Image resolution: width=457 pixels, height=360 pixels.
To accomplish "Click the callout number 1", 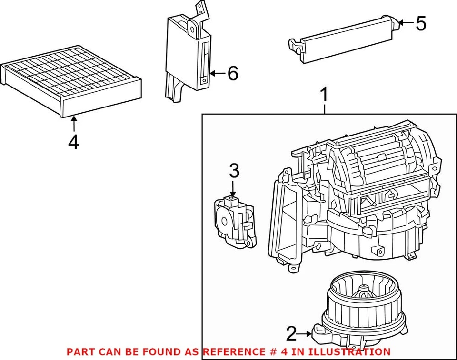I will tap(324, 95).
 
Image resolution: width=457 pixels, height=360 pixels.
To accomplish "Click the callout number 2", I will tap(291, 334).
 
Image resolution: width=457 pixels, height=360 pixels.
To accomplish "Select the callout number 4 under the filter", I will tap(73, 142).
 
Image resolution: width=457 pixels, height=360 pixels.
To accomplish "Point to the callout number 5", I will tap(420, 23).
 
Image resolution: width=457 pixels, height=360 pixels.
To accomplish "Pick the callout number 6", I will tap(232, 73).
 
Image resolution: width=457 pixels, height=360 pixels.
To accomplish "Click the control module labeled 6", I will tap(188, 55).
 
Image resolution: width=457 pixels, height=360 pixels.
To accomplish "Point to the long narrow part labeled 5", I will tap(343, 40).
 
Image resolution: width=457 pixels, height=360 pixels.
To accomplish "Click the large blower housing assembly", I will tap(352, 200).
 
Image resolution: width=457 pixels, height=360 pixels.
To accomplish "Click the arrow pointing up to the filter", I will tap(73, 124).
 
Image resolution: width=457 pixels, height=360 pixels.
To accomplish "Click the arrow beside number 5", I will tap(405, 22).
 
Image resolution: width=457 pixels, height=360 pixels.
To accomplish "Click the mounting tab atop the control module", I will tap(201, 10).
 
